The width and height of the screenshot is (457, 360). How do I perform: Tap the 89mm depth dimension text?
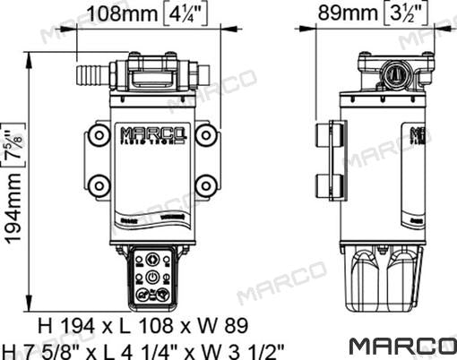349,15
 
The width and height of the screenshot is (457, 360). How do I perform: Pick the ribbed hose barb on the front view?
91,70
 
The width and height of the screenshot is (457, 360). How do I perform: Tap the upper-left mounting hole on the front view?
96,134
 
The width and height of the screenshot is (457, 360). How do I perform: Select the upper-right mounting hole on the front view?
206,134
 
